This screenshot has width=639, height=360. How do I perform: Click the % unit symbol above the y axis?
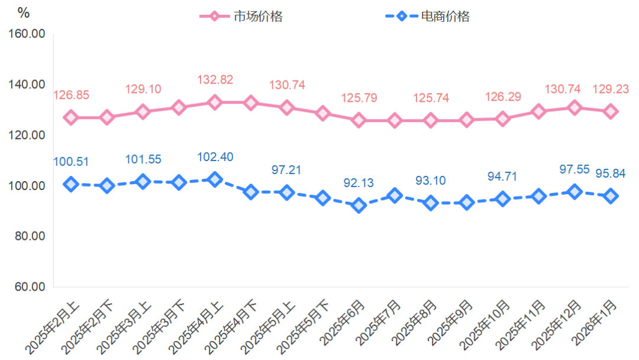point(24,12)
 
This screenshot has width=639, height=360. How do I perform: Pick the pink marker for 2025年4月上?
point(215,102)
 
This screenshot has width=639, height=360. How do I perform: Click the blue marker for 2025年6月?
point(359,205)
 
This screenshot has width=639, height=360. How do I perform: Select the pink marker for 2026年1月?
point(611,111)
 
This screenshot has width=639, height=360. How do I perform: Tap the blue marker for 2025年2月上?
point(71,184)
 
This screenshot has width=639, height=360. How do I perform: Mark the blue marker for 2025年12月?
point(575,192)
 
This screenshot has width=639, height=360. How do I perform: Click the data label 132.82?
point(214,80)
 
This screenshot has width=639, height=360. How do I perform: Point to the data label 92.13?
point(359,183)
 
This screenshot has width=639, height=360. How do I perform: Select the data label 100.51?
point(71,162)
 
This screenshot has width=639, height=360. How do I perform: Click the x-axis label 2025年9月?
point(452,325)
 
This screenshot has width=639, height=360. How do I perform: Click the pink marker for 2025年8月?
point(431,120)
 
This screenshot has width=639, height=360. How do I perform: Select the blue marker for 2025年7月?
point(395,195)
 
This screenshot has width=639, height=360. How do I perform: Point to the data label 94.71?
point(503,176)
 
